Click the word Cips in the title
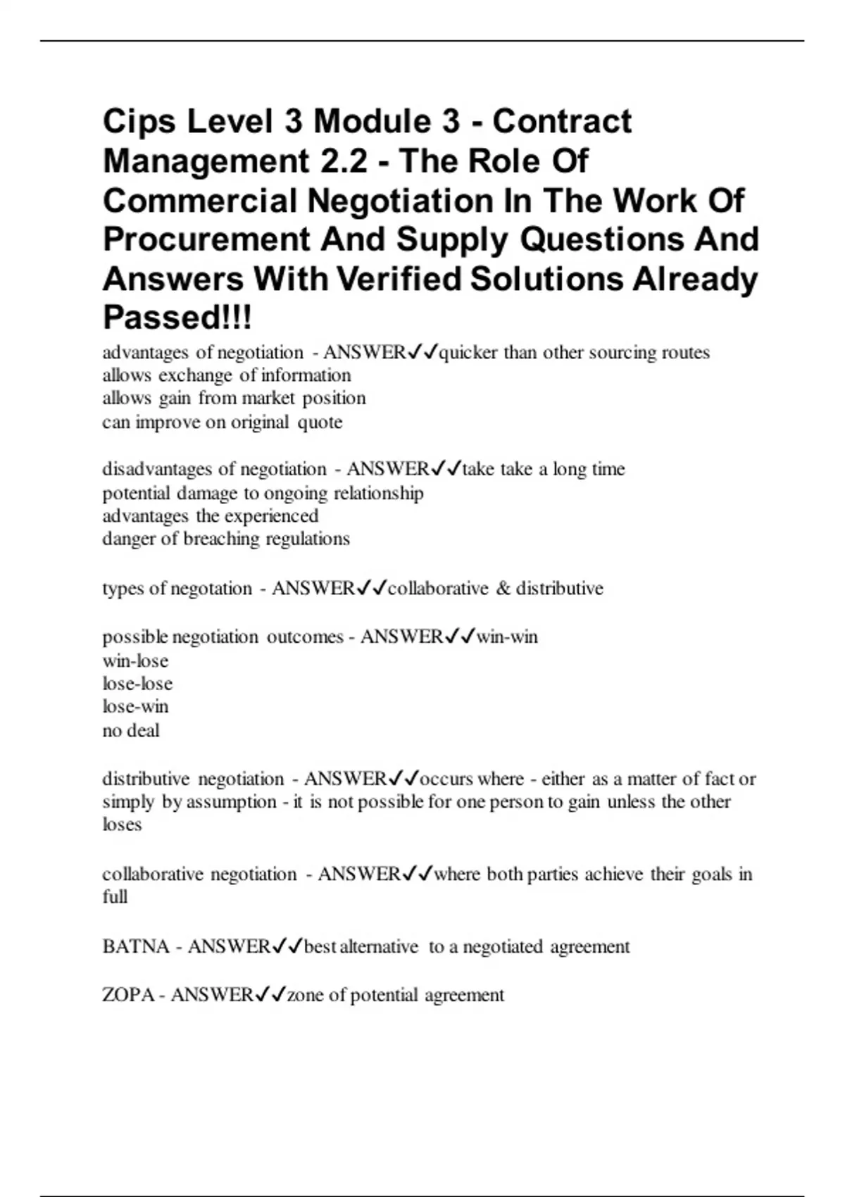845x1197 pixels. [139, 122]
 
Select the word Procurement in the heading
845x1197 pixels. [206, 239]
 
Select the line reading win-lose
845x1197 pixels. [135, 661]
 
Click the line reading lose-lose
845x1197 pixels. [137, 684]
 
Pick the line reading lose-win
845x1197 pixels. [135, 706]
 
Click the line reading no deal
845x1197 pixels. [131, 730]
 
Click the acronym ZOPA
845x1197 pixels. [128, 995]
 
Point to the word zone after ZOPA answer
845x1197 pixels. [306, 995]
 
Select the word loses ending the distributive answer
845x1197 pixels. [122, 825]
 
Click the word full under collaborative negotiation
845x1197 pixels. [115, 897]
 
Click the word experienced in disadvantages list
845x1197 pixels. [271, 516]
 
